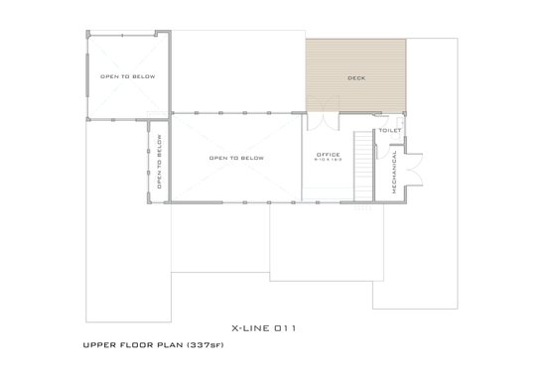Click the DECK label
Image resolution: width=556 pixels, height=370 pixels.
pyautogui.click(x=355, y=77)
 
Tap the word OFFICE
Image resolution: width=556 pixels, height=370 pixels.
pyautogui.click(x=328, y=155)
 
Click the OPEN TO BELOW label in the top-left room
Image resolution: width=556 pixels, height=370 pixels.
pyautogui.click(x=123, y=76)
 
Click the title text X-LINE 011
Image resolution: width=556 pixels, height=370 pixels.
pyautogui.click(x=264, y=326)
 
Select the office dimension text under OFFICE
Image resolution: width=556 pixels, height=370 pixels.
pyautogui.click(x=328, y=161)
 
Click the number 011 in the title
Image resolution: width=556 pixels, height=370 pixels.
pyautogui.click(x=287, y=326)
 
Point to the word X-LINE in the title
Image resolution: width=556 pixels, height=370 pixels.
pyautogui.click(x=250, y=326)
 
